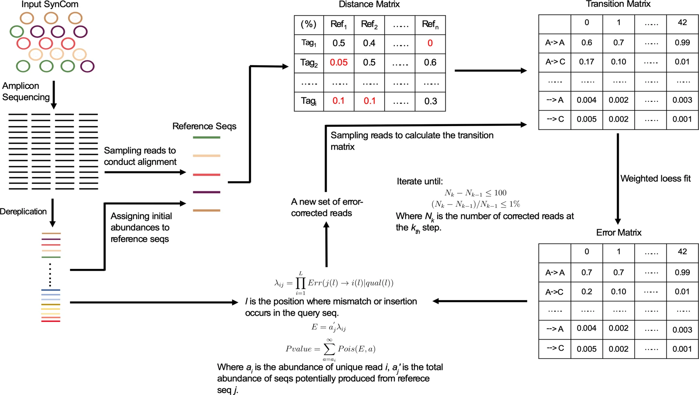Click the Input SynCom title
tap(50, 4)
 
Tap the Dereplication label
tap(23, 211)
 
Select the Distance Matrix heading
tap(369, 4)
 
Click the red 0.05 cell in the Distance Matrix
tap(339, 62)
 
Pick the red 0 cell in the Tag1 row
tap(430, 43)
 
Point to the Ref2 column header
tap(369, 24)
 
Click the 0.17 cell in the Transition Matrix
tap(587, 62)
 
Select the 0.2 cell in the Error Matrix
tap(587, 292)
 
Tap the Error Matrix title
tap(619, 232)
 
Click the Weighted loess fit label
tap(655, 178)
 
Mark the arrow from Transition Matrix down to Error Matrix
tap(618, 178)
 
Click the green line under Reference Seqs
tap(206, 137)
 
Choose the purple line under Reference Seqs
tap(206, 192)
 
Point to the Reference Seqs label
tap(204, 126)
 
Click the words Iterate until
tap(419, 181)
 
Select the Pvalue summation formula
tap(330, 349)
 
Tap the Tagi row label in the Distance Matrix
tap(309, 101)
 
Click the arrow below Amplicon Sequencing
tap(53, 95)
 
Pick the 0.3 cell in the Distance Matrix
tap(430, 101)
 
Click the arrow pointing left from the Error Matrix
tap(479, 301)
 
